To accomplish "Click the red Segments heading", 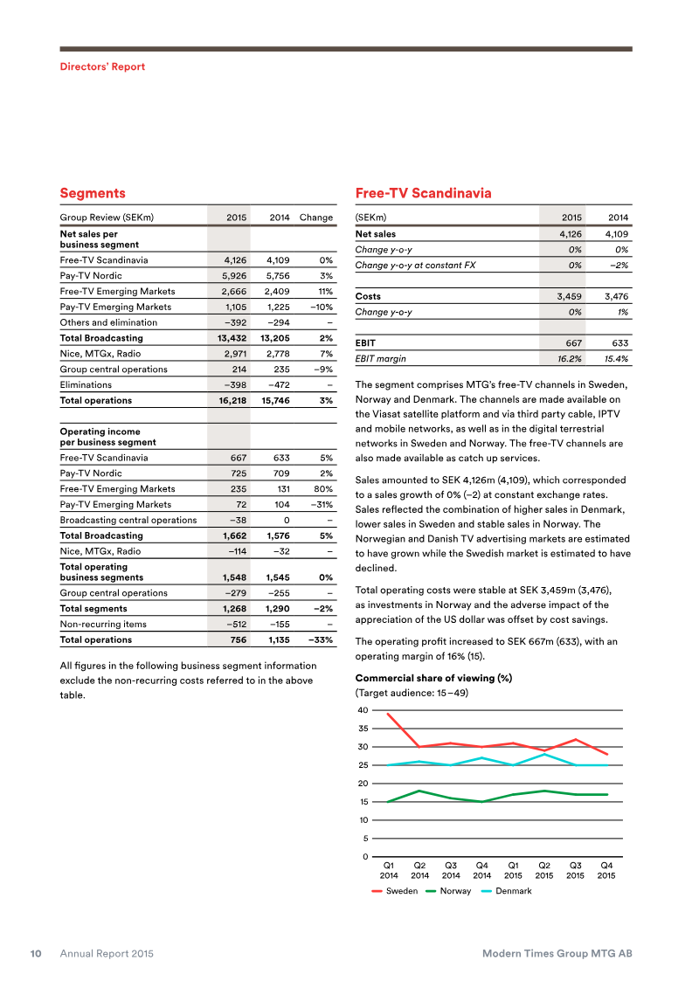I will (93, 193).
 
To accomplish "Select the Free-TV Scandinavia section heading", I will (423, 193).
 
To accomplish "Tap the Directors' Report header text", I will (102, 66).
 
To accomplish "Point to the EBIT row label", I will (365, 343).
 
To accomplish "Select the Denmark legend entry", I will (512, 891).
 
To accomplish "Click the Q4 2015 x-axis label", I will (606, 869).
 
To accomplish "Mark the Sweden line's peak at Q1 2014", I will (388, 715).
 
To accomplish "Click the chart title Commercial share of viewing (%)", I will (433, 679).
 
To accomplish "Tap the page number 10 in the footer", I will (38, 954).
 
